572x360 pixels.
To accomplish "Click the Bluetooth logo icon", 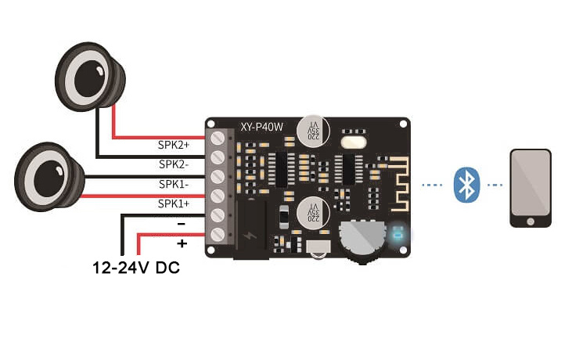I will [467, 185].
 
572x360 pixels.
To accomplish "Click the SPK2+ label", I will [174, 145].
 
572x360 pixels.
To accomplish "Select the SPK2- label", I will [174, 164].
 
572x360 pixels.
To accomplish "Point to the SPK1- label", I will [174, 184].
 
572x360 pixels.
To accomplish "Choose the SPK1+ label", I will [174, 203].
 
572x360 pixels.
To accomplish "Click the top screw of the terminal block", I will [218, 138].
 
